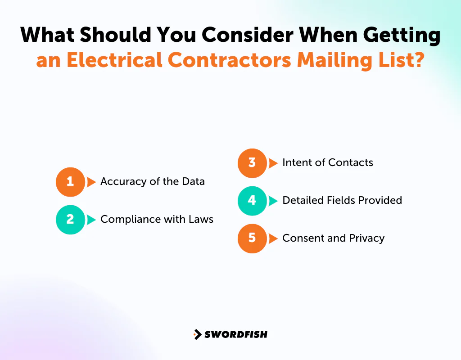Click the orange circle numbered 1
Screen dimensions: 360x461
coord(70,182)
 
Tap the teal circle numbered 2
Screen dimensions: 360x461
coord(70,220)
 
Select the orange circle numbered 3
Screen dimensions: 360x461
coord(252,163)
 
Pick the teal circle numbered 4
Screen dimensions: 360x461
coord(252,201)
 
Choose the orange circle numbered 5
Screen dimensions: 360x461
coord(252,238)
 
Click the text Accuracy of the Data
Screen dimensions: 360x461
coord(152,182)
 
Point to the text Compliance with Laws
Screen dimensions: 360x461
coord(157,220)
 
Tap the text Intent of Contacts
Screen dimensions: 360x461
coord(327,163)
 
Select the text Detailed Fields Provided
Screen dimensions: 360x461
coord(342,201)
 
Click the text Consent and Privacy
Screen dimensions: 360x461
coord(333,238)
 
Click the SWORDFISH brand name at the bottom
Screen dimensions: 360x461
coord(235,334)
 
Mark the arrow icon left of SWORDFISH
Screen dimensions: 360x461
coord(197,334)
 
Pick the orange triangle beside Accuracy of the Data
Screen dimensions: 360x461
coord(91,182)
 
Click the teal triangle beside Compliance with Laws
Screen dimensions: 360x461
coord(91,220)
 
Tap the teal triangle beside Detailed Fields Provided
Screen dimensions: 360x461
coord(273,201)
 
